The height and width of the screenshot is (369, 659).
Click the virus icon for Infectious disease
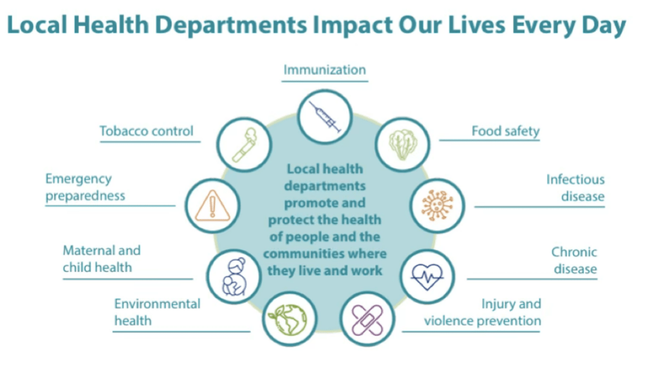437,205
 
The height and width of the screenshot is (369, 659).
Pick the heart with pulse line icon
427,276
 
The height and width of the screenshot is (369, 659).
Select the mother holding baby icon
233,276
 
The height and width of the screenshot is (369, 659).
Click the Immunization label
324,70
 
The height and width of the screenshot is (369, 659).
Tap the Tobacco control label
146,131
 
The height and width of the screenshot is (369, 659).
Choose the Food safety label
505,131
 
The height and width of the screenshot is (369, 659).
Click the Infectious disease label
575,187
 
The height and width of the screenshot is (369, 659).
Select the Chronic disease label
573,260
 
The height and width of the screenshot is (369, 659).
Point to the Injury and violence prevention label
483,312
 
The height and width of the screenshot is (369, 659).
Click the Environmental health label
157,312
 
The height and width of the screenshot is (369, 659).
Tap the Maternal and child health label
101,259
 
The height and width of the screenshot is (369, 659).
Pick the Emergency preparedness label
85,187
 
